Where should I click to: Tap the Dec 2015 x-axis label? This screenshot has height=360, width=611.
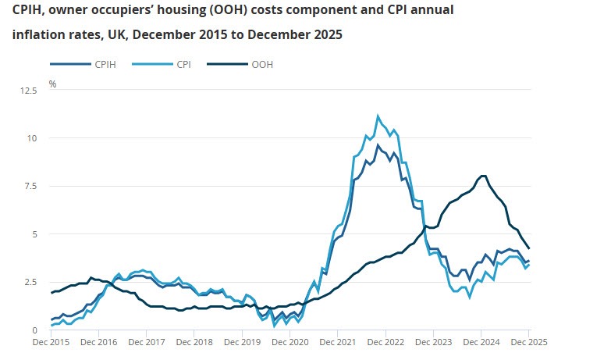click(52, 342)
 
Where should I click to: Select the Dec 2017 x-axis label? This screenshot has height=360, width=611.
click(147, 342)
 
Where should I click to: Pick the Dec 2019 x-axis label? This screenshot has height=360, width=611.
click(242, 342)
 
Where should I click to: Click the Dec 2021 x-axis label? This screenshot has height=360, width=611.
click(337, 342)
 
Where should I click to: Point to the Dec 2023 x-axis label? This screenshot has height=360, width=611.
click(432, 342)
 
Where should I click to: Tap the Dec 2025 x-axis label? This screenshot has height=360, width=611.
click(528, 342)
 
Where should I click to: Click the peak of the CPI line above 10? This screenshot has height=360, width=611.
click(378, 116)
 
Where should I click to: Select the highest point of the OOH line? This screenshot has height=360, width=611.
click(483, 176)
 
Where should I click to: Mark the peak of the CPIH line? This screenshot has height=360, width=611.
click(378, 145)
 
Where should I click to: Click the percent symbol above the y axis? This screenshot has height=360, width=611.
click(53, 82)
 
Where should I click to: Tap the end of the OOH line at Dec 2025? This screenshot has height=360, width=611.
click(529, 248)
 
